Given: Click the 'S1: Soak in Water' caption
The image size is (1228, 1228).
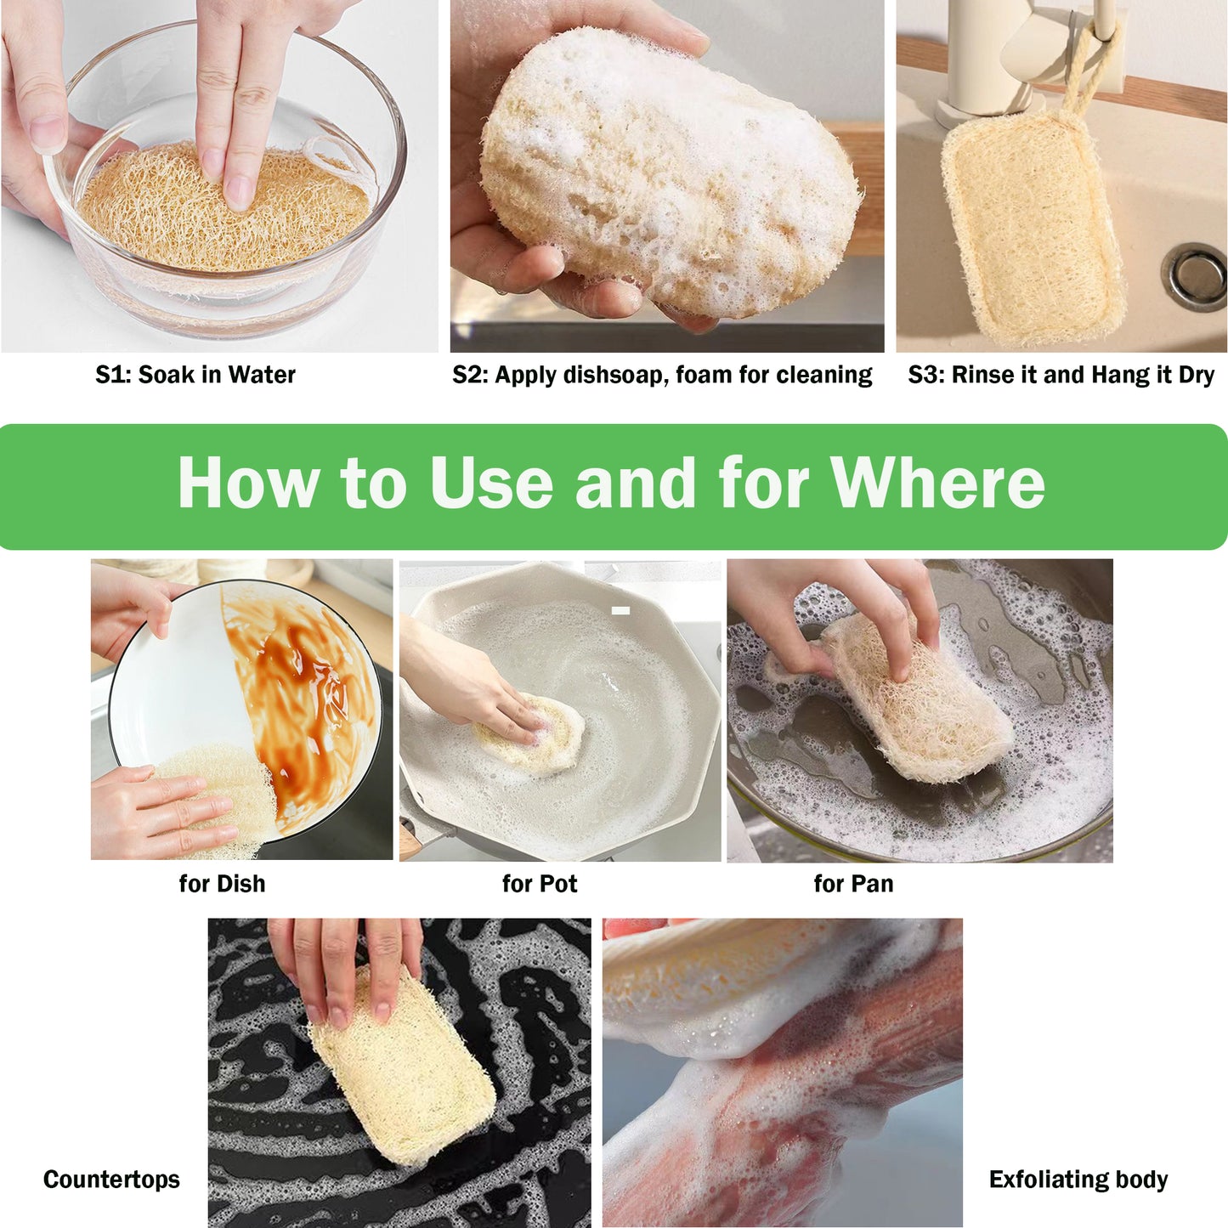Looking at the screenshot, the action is pyautogui.click(x=195, y=375).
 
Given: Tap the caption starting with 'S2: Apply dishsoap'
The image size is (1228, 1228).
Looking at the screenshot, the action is pyautogui.click(x=662, y=375).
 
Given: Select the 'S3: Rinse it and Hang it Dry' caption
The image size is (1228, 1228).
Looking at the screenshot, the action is pyautogui.click(x=1061, y=375).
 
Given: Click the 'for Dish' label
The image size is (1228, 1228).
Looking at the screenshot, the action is pyautogui.click(x=222, y=884).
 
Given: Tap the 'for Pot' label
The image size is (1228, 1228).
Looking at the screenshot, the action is pyautogui.click(x=539, y=884).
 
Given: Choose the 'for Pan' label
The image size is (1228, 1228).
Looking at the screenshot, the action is pyautogui.click(x=853, y=884).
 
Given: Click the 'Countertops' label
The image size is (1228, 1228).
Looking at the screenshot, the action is pyautogui.click(x=111, y=1180).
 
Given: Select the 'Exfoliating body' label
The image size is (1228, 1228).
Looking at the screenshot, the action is pyautogui.click(x=1078, y=1180).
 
